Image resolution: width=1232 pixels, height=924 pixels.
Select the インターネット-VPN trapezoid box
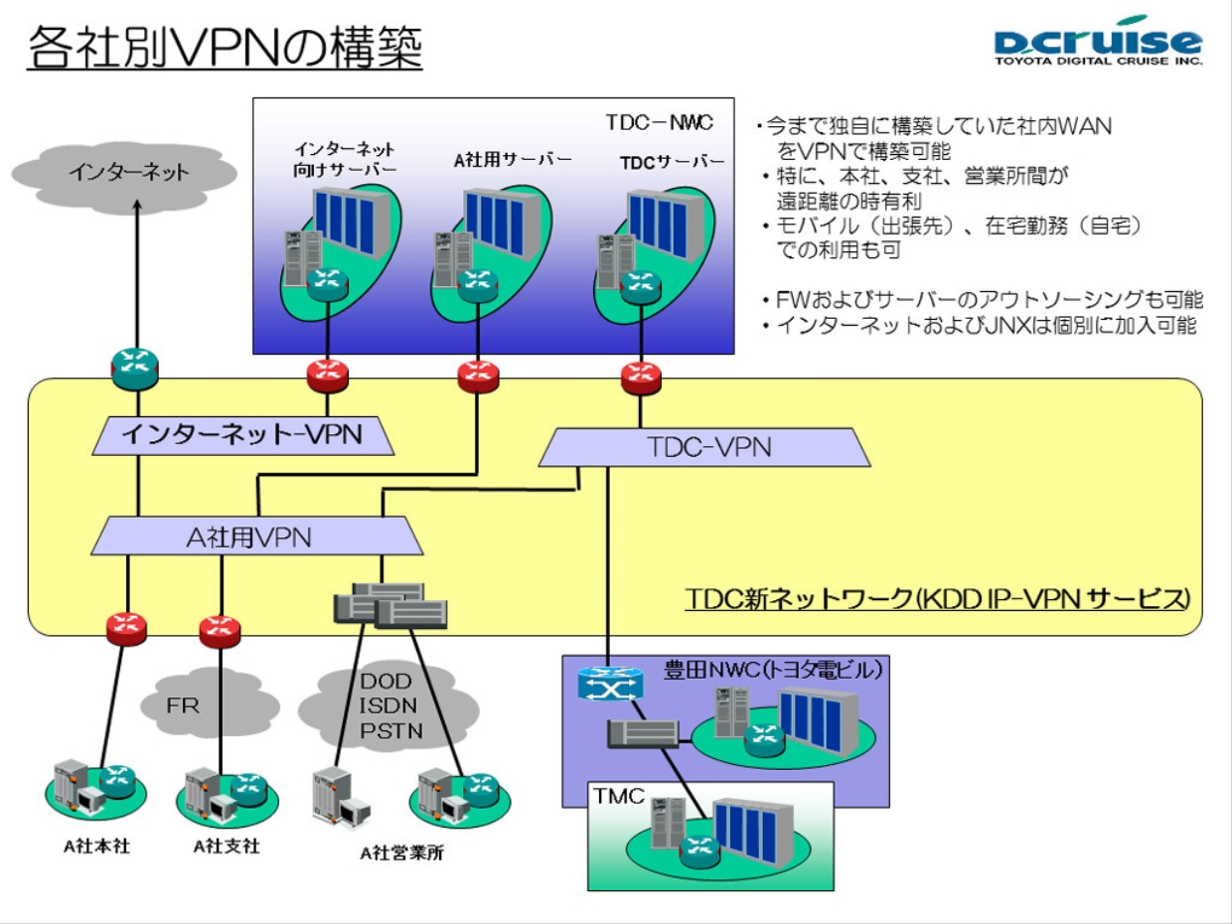[238, 433]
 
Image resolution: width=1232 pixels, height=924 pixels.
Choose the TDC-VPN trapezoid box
[704, 447]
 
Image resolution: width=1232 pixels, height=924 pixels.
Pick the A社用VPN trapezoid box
[255, 537]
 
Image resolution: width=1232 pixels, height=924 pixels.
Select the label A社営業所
[401, 851]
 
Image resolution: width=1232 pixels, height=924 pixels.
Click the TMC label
[619, 796]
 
